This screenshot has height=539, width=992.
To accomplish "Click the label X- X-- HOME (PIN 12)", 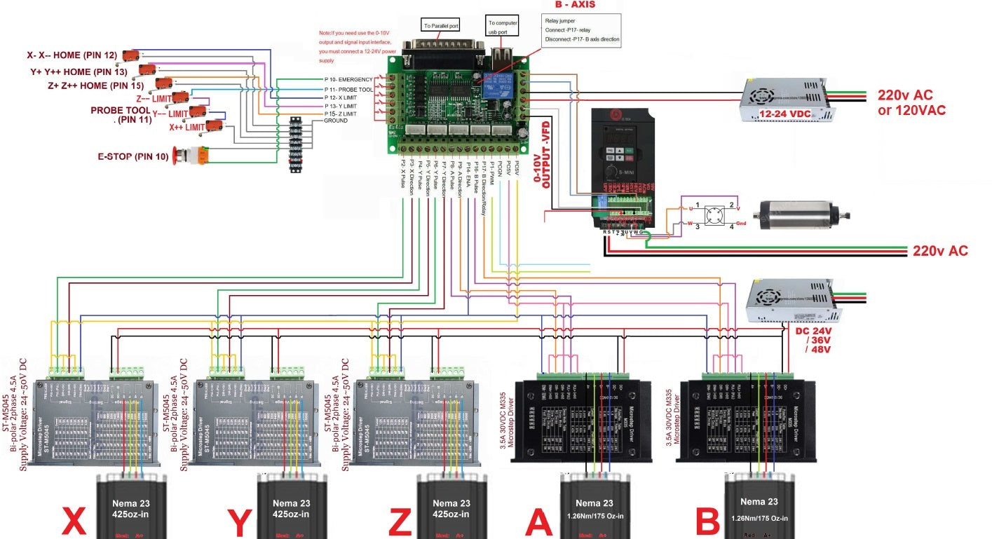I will pyautogui.click(x=72, y=55).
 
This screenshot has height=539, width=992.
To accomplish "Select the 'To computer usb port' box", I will pyautogui.click(x=503, y=27).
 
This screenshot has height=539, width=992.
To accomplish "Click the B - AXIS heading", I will pyautogui.click(x=575, y=4).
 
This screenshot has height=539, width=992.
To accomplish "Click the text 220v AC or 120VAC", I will pyautogui.click(x=911, y=103).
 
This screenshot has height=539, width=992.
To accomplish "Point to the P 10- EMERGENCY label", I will pyautogui.click(x=348, y=80).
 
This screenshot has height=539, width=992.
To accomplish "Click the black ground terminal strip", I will pyautogui.click(x=297, y=144).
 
